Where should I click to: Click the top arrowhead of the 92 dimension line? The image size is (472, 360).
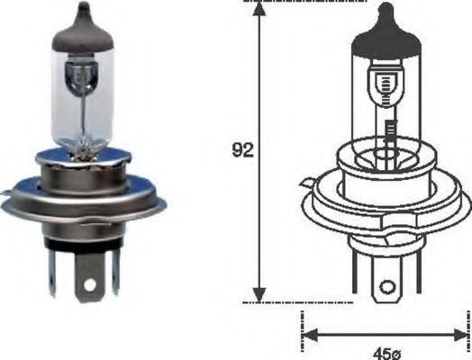click(x=259, y=11)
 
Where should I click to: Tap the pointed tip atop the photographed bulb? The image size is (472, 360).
click(x=84, y=8)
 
